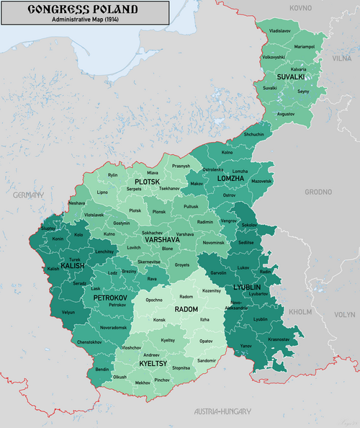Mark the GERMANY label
28,195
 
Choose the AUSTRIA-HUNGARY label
223,411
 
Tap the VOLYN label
344,314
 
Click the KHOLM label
300,313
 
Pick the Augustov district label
286,114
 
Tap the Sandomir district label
207,360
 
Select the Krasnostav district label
279,339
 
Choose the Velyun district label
68,313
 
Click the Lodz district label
112,273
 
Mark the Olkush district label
120,377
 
